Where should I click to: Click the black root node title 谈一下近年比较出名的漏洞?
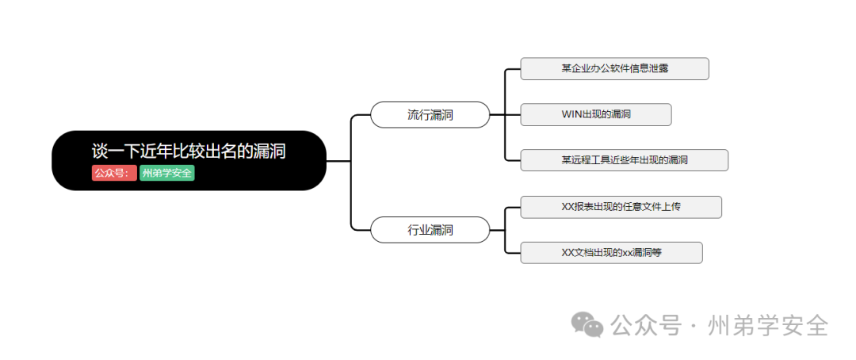tap(189, 151)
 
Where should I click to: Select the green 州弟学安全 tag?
tap(167, 173)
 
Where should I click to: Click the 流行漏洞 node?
tap(430, 115)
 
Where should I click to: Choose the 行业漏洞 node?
tap(430, 230)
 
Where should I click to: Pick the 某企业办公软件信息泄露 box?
tap(614, 69)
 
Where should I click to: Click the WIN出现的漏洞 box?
tap(596, 115)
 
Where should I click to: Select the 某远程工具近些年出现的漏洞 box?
tap(624, 160)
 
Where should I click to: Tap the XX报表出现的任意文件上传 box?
tap(621, 207)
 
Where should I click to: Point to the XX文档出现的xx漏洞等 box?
tap(611, 253)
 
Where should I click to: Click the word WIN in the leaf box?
tap(571, 115)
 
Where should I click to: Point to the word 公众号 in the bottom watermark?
tap(646, 325)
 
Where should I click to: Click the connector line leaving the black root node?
tap(338, 161)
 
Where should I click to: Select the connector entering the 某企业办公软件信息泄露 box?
tap(513, 69)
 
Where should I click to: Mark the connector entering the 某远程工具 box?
tap(513, 160)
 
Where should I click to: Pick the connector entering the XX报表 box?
tap(513, 207)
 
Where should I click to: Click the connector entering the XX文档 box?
tap(513, 253)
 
